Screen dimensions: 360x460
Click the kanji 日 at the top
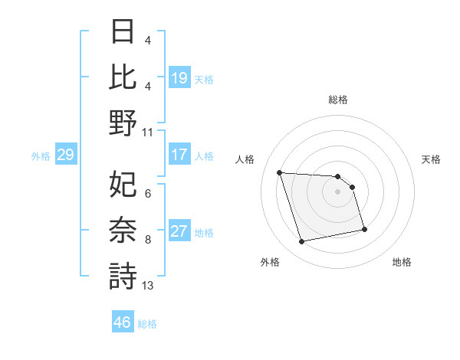click(123, 31)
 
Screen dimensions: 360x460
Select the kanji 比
click(123, 76)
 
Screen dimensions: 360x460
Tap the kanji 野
click(123, 122)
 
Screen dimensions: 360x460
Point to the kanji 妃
click(123, 183)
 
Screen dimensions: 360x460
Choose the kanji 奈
click(123, 230)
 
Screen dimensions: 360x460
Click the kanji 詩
click(123, 275)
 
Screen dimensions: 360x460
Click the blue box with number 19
click(179, 77)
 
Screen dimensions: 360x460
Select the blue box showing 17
click(179, 155)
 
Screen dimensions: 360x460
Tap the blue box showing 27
click(179, 232)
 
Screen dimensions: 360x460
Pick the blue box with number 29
click(65, 155)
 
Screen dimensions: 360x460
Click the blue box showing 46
click(122, 322)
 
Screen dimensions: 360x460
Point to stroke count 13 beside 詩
click(148, 286)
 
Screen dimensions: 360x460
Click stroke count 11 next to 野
click(148, 132)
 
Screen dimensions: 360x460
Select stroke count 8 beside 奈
click(148, 240)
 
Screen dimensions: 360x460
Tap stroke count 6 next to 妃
click(148, 194)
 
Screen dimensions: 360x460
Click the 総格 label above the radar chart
click(338, 100)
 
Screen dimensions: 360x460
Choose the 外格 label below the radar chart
click(270, 262)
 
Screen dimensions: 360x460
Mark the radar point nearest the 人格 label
click(280, 172)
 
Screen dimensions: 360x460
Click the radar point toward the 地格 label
click(364, 228)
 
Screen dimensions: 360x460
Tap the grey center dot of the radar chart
click(338, 191)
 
